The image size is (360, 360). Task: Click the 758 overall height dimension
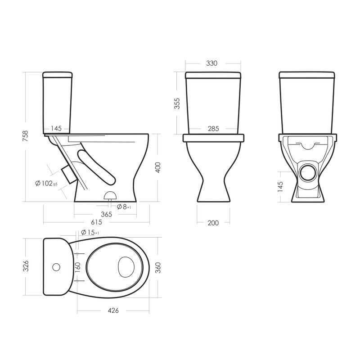(25, 136)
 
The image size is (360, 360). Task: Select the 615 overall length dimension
(96, 222)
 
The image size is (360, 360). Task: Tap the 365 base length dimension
(107, 214)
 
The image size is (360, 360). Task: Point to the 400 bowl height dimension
(158, 167)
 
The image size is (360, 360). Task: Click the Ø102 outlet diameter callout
(46, 183)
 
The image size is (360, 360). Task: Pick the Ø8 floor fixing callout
(124, 207)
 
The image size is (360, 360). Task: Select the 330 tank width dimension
(211, 63)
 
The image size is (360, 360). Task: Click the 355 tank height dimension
(177, 103)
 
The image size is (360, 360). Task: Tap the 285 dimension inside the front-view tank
(213, 129)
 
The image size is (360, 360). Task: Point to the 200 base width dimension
(213, 223)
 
